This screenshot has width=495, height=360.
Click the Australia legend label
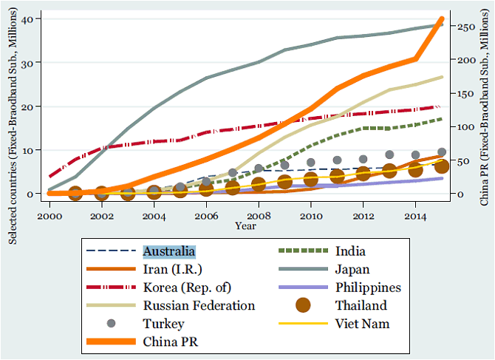[170, 251]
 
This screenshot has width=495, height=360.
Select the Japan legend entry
[352, 269]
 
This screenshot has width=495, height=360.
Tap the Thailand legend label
[362, 305]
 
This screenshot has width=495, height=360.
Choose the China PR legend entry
[171, 341]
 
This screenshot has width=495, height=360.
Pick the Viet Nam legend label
[361, 323]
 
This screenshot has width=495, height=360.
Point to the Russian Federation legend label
[199, 305]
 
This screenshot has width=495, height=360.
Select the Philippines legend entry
[368, 287]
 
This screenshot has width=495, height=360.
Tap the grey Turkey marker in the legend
[111, 323]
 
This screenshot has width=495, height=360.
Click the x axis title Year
[246, 225]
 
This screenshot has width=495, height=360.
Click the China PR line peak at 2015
[442, 18]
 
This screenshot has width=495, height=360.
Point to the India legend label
[349, 251]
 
